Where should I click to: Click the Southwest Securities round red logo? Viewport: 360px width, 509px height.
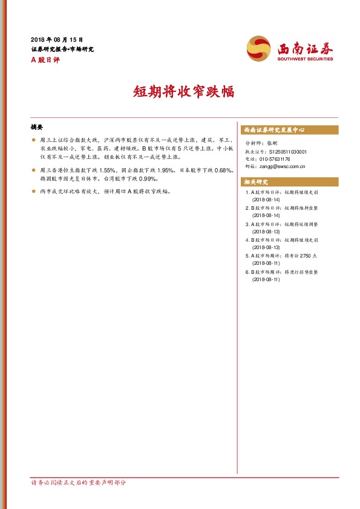point(258,48)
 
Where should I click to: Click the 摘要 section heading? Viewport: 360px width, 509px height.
point(37,128)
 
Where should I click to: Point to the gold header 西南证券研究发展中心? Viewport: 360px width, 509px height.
point(274,130)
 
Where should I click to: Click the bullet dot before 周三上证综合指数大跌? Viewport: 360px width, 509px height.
point(34,140)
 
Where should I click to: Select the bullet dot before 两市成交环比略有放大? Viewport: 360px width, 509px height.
point(34,191)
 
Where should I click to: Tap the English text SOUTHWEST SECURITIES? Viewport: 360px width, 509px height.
point(305,59)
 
